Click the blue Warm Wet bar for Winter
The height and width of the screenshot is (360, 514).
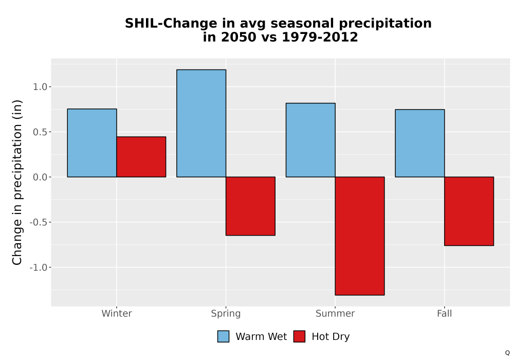tap(92, 143)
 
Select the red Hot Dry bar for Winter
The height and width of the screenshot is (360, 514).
tap(141, 157)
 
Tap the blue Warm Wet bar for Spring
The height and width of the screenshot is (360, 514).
tap(201, 123)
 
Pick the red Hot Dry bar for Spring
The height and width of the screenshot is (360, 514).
tap(250, 206)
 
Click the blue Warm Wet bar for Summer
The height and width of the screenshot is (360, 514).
tap(310, 140)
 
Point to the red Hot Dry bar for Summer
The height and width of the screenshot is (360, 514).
tap(360, 236)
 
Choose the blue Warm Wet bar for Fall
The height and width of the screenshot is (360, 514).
tap(420, 143)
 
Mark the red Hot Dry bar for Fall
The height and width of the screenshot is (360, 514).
tap(469, 211)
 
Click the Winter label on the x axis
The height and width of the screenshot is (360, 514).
tap(117, 313)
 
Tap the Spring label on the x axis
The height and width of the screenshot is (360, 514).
tap(226, 314)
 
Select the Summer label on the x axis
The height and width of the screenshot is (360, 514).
tap(335, 313)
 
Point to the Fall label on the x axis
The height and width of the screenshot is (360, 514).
tap(445, 313)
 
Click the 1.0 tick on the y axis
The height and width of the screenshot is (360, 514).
tap(40, 87)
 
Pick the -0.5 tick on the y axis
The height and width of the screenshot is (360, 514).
tap(39, 222)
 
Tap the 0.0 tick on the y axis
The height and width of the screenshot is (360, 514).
tap(40, 177)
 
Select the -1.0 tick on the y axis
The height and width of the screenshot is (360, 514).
tap(39, 267)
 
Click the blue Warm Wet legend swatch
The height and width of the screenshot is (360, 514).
tap(223, 336)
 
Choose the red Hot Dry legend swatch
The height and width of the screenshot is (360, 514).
tap(299, 336)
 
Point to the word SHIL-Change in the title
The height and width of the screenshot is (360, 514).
tap(171, 24)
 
